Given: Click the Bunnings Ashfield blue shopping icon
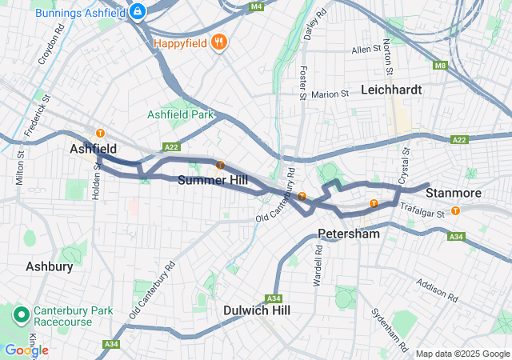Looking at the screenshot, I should click(x=138, y=11).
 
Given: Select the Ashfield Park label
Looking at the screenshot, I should click(x=181, y=114).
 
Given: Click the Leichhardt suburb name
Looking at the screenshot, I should click(x=391, y=90).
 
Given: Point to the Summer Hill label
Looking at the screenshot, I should click(x=207, y=180).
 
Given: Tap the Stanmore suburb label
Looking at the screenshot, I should click(x=454, y=194).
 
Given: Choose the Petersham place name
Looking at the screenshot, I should click(x=349, y=234).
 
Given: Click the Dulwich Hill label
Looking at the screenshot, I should click(x=257, y=310).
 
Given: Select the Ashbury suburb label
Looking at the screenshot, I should click(x=50, y=266).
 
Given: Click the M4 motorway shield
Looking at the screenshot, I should click(x=256, y=6).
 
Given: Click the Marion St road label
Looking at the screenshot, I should click(x=330, y=94).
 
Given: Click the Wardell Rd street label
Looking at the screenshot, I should click(x=318, y=266).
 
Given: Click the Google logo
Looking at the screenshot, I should click(x=26, y=350).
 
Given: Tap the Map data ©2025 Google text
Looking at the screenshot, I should click(x=462, y=354).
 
